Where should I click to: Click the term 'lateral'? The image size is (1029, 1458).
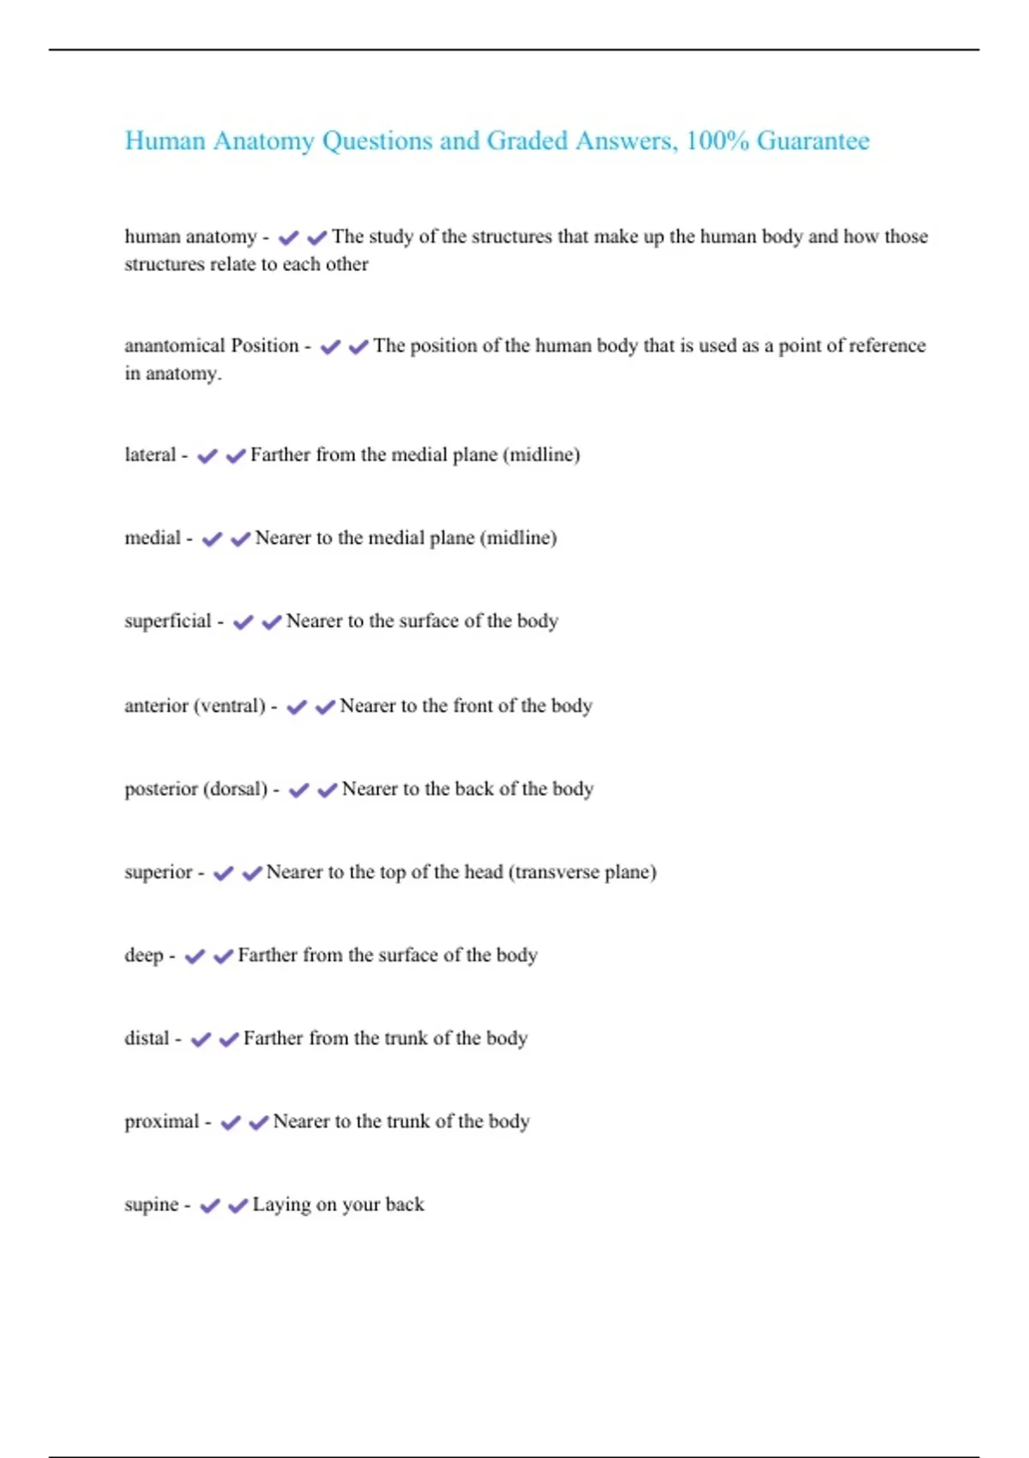click(x=150, y=455)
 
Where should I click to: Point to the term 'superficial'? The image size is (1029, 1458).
click(x=167, y=621)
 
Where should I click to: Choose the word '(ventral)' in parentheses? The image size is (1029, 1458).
click(x=229, y=706)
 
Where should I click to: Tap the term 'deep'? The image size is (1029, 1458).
click(x=143, y=955)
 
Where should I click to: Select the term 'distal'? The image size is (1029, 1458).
click(x=147, y=1039)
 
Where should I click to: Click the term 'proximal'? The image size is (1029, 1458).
click(x=161, y=1122)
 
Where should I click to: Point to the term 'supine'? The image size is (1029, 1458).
click(x=151, y=1205)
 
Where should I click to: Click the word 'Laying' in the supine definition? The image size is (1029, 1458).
click(x=281, y=1205)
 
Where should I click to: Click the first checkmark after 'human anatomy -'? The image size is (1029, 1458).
click(x=288, y=238)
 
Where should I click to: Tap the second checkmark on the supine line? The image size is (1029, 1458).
click(x=238, y=1206)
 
